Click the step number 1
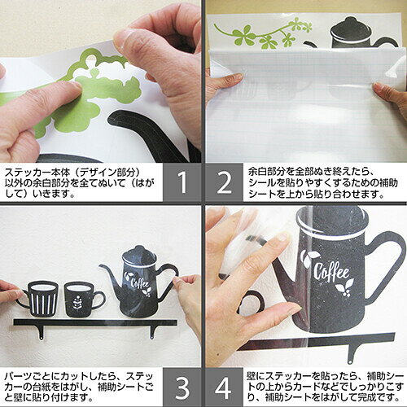(183, 182)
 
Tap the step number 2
(225, 182)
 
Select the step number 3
(182, 388)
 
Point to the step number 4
(223, 388)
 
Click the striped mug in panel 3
(41, 299)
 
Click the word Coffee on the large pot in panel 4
(331, 271)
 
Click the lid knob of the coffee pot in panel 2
(350, 20)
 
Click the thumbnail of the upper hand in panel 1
(125, 39)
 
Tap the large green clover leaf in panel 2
(243, 35)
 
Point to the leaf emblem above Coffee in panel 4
(309, 258)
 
